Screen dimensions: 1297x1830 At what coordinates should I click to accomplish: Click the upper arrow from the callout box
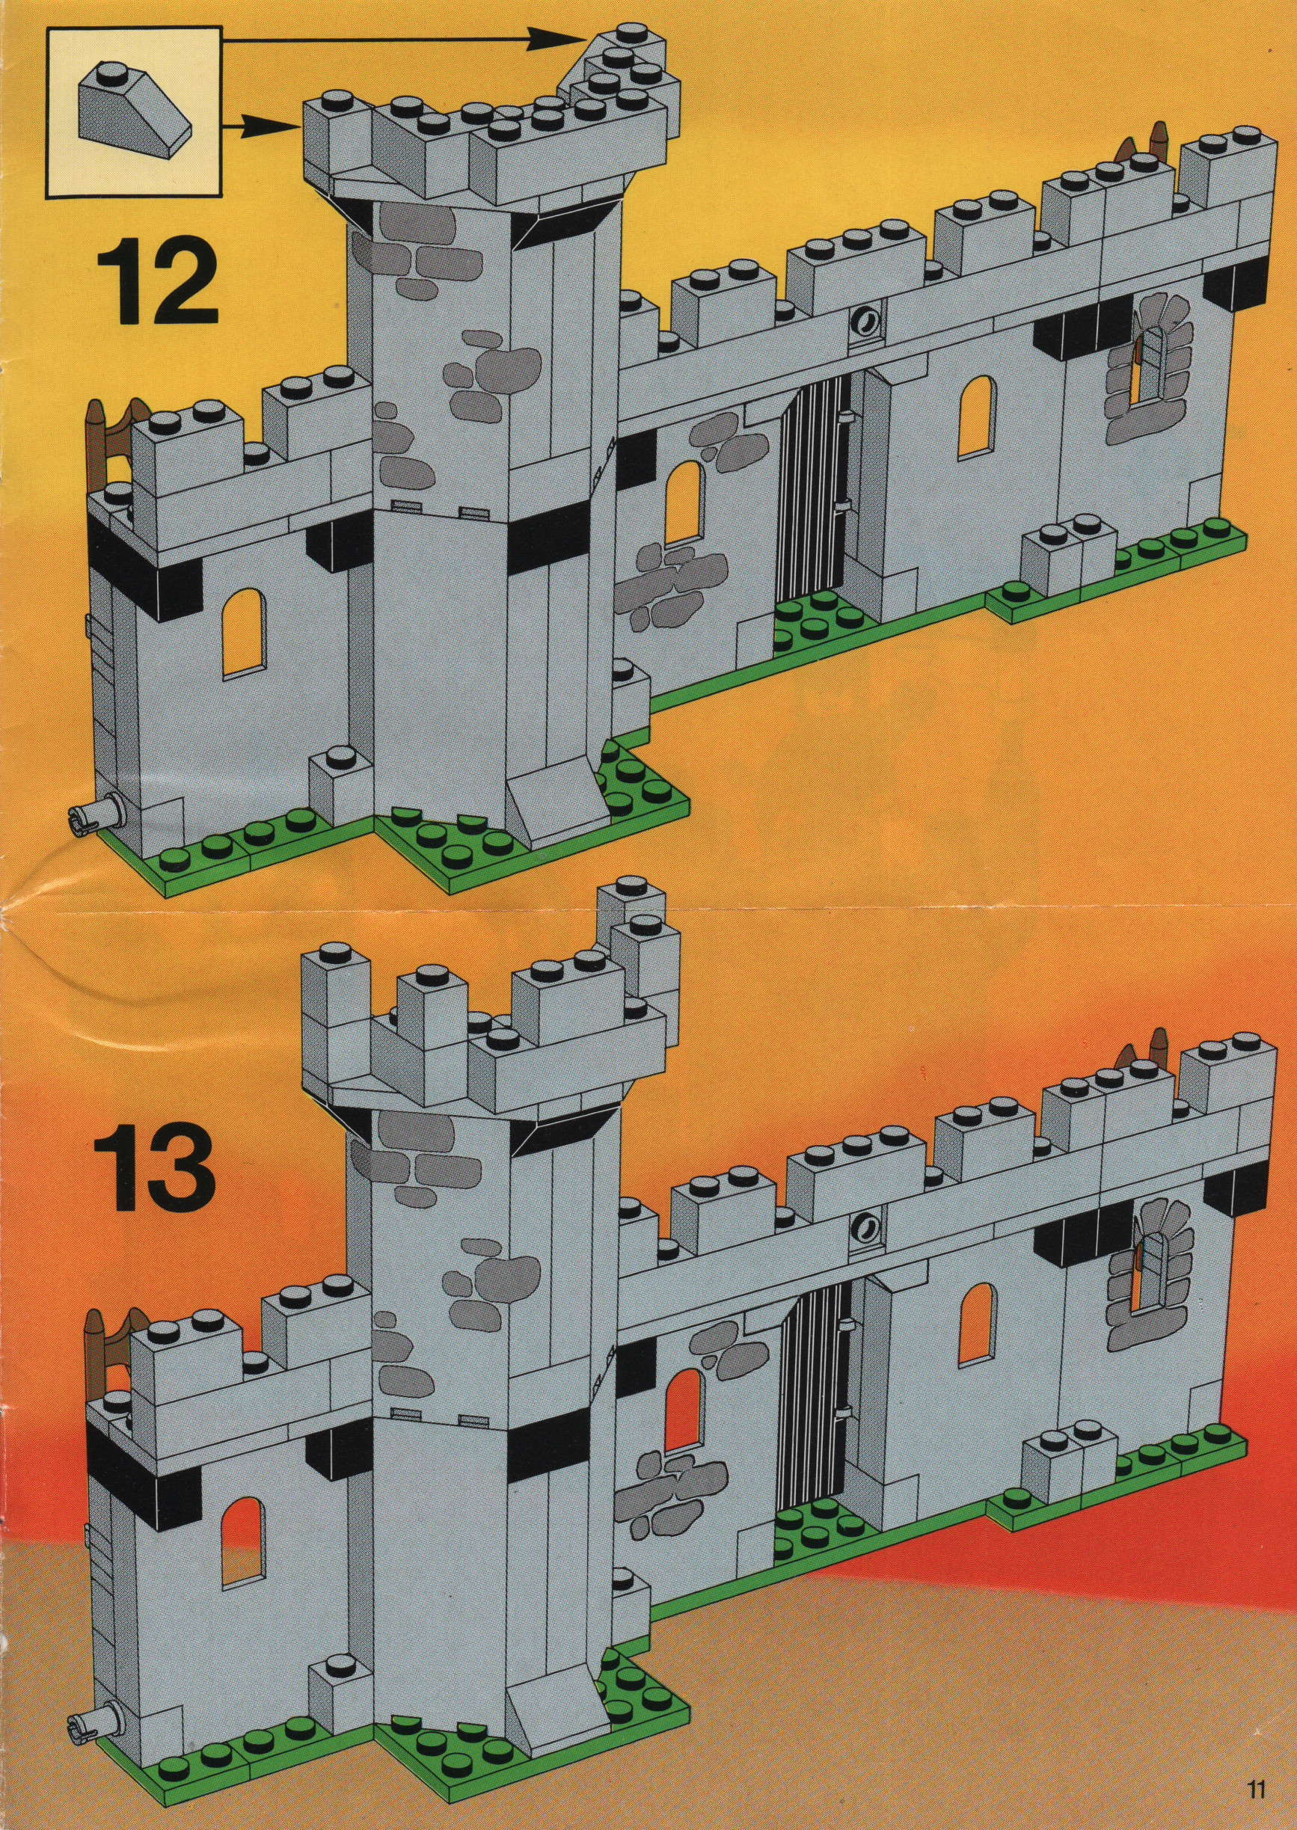coord(404,36)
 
